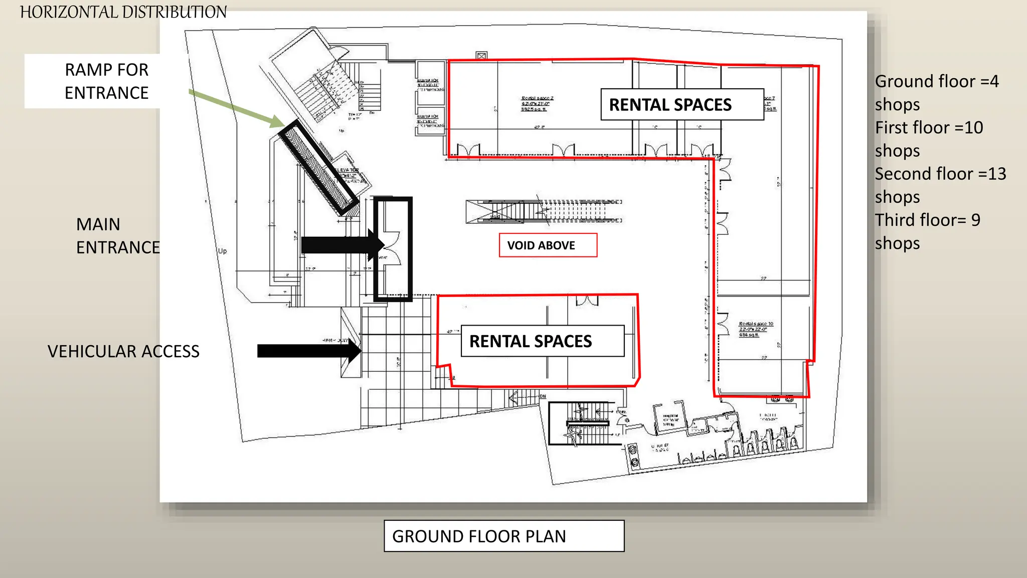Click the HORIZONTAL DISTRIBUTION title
tap(123, 12)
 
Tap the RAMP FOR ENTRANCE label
tap(106, 81)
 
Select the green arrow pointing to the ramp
tap(236, 108)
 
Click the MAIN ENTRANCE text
tap(118, 236)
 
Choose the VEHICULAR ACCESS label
tap(123, 351)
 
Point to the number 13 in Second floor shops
tap(996, 174)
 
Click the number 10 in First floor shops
tap(973, 128)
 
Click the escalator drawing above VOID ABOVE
tap(544, 211)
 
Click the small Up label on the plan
tap(222, 251)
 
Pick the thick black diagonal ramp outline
tap(319, 168)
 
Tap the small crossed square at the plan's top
tap(481, 56)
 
